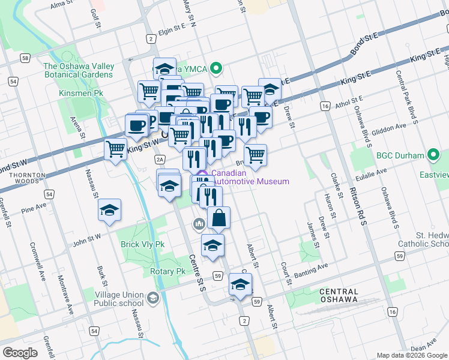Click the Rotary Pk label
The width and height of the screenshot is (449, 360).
click(168, 271)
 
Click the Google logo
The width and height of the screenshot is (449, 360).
click(20, 353)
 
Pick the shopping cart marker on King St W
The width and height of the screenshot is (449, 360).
click(115, 148)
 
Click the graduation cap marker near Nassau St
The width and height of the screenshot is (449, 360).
click(109, 210)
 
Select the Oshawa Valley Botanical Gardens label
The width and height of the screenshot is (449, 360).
click(78, 70)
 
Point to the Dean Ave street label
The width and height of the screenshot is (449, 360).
click(423, 347)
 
